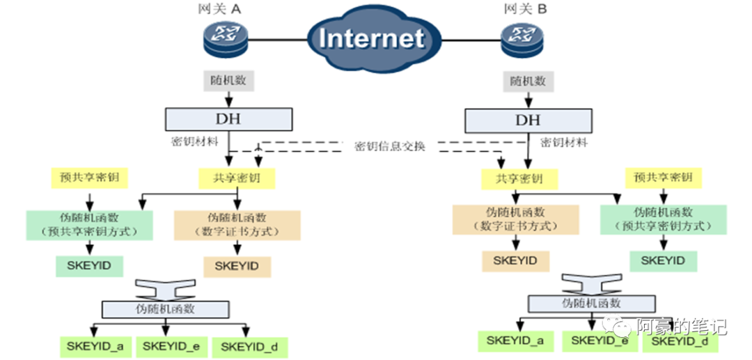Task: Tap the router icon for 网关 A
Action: click(x=225, y=38)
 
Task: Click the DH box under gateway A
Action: click(x=228, y=118)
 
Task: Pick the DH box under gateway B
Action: click(x=527, y=119)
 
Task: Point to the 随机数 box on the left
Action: click(x=228, y=81)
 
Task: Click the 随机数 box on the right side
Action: click(x=526, y=81)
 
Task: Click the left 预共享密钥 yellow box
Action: click(x=85, y=178)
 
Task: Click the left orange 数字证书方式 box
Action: click(x=237, y=224)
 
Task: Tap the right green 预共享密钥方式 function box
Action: click(x=663, y=219)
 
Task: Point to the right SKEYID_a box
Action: click(x=515, y=341)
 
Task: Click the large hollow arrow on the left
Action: click(x=166, y=288)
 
